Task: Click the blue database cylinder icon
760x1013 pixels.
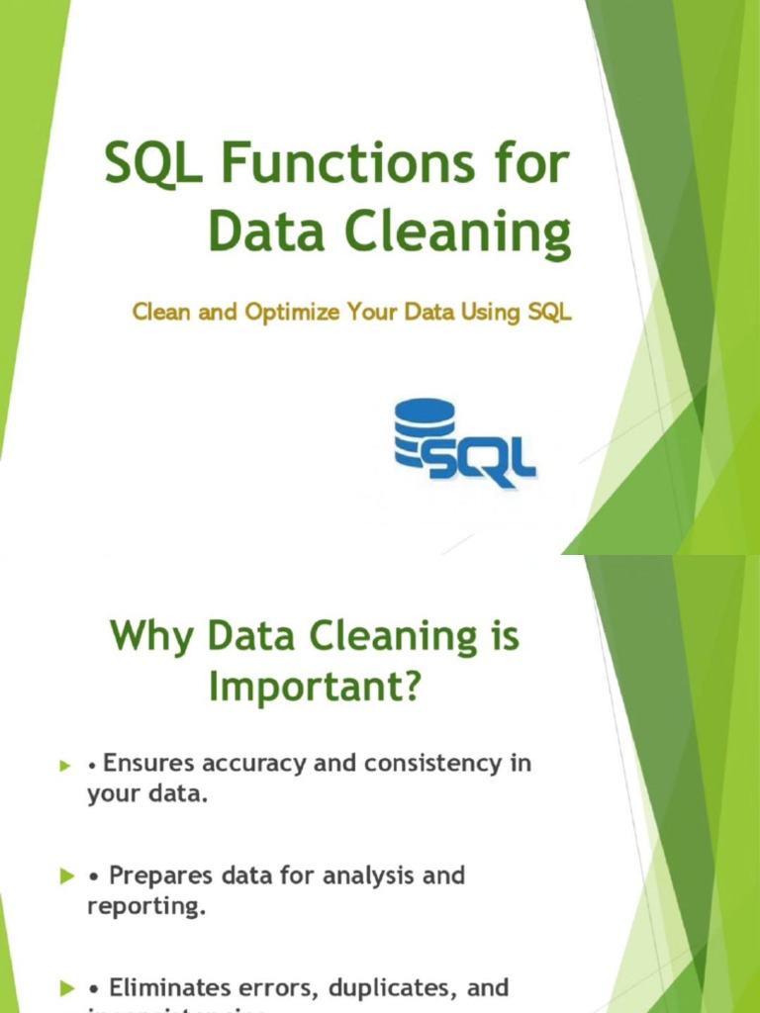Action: [x=424, y=431]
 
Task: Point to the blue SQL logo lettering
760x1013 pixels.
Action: [x=482, y=459]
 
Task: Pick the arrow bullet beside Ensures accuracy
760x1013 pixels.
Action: [x=67, y=766]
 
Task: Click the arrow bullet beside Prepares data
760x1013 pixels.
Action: [x=67, y=877]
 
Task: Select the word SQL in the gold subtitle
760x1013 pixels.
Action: [x=549, y=313]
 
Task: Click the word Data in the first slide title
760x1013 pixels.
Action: [x=263, y=234]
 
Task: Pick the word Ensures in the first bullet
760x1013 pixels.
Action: [x=149, y=763]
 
